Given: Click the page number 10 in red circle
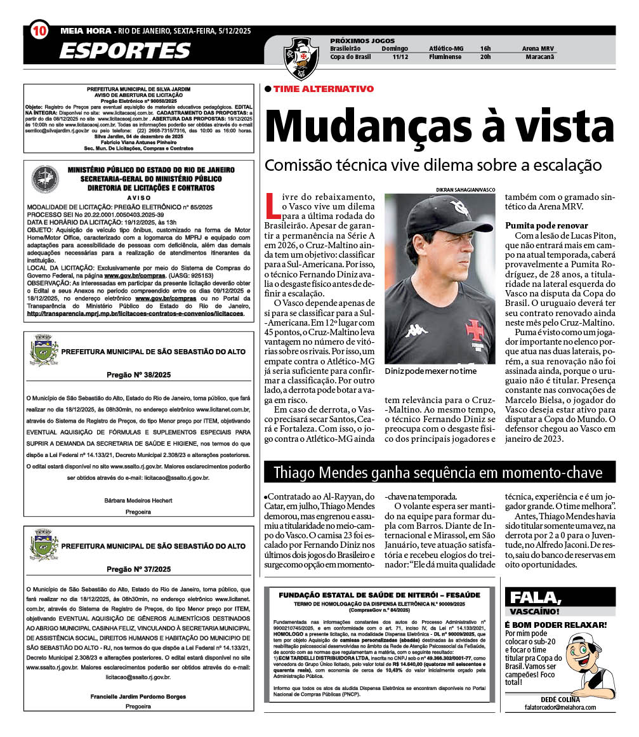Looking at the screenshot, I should pos(39,30).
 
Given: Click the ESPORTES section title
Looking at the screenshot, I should pos(124,50).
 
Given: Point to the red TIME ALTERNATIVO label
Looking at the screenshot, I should pos(323,89).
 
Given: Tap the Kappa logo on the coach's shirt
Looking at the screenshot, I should pos(416,329).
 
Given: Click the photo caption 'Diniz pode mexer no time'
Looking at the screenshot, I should pos(430,371).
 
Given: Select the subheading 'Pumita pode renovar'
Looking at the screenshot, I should pos(546,225).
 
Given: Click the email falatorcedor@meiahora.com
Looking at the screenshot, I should pos(560,707).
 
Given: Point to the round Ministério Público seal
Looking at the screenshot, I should pos(44,179).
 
